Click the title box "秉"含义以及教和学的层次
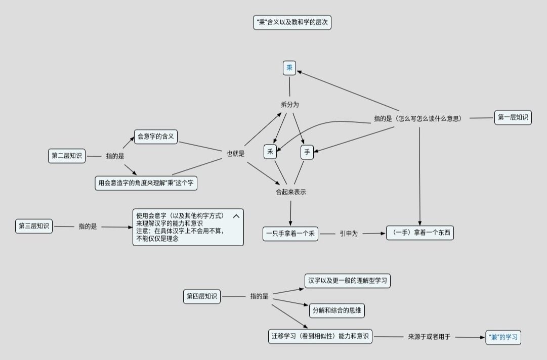pyautogui.click(x=292, y=22)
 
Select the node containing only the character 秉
pyautogui.click(x=289, y=68)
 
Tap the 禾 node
pyautogui.click(x=270, y=152)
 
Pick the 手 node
pyautogui.click(x=307, y=152)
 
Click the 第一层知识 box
pyautogui.click(x=513, y=117)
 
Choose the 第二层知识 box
pyautogui.click(x=67, y=156)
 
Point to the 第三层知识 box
pyautogui.click(x=34, y=226)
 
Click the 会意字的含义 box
pyautogui.click(x=156, y=137)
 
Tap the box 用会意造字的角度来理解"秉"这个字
pyautogui.click(x=146, y=183)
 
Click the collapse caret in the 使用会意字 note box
pyautogui.click(x=236, y=216)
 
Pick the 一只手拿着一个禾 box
pyautogui.click(x=290, y=234)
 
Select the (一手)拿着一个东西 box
pyautogui.click(x=420, y=233)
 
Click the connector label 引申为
pyautogui.click(x=349, y=234)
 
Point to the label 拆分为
pyautogui.click(x=290, y=105)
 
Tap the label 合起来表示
pyautogui.click(x=290, y=192)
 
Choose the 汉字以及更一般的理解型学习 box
pyautogui.click(x=348, y=281)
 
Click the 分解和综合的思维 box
pyautogui.click(x=336, y=310)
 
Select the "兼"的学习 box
pyautogui.click(x=503, y=337)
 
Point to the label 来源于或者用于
pyautogui.click(x=429, y=337)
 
